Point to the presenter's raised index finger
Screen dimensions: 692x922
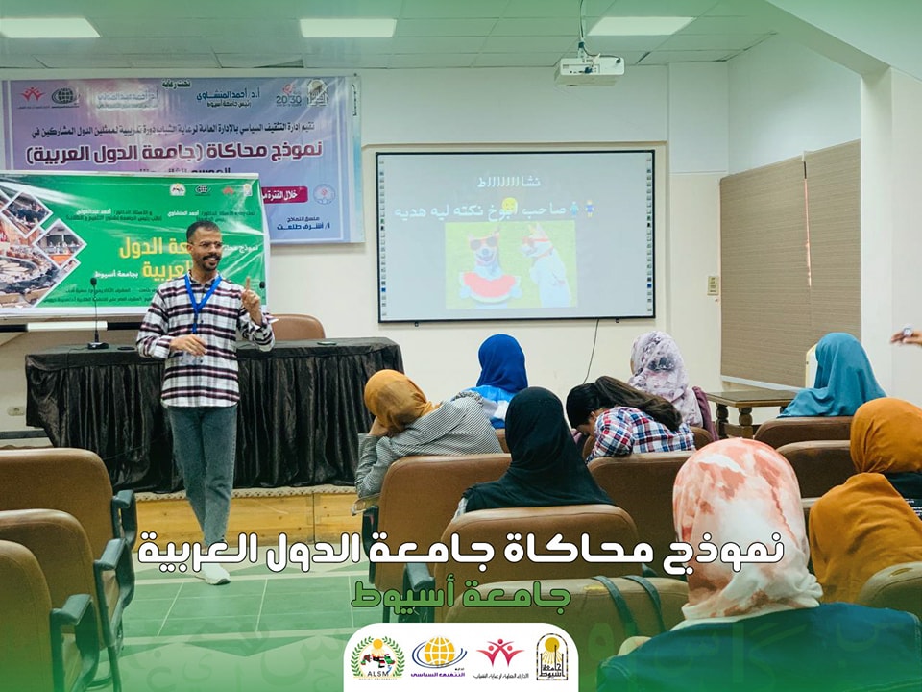pos(248,284)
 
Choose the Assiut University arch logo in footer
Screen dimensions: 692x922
pos(551,657)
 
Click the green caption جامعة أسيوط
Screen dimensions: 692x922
pos(461,595)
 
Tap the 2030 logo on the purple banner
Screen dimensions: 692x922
pos(287,94)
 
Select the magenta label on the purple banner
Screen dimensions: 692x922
pos(286,194)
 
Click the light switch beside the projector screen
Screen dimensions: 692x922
pos(712,284)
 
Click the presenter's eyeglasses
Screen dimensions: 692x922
pos(206,245)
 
